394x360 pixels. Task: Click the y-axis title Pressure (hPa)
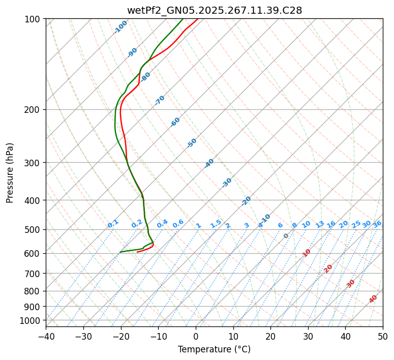(x=10, y=173)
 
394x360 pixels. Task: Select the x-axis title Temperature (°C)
(x=214, y=350)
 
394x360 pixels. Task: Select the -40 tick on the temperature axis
(x=46, y=336)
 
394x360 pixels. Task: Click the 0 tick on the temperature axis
(x=196, y=336)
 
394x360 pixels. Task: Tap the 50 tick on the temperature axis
(x=383, y=336)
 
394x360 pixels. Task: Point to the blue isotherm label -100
(x=121, y=27)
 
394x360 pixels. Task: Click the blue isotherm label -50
(x=192, y=143)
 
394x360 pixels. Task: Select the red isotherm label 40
(x=373, y=299)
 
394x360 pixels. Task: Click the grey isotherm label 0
(x=286, y=236)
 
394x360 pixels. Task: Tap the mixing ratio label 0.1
(x=113, y=223)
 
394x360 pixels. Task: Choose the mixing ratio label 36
(x=377, y=224)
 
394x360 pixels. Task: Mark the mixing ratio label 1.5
(x=216, y=223)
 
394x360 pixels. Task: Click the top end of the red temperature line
(x=198, y=19)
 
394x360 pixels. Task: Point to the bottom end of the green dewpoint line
(x=120, y=252)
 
